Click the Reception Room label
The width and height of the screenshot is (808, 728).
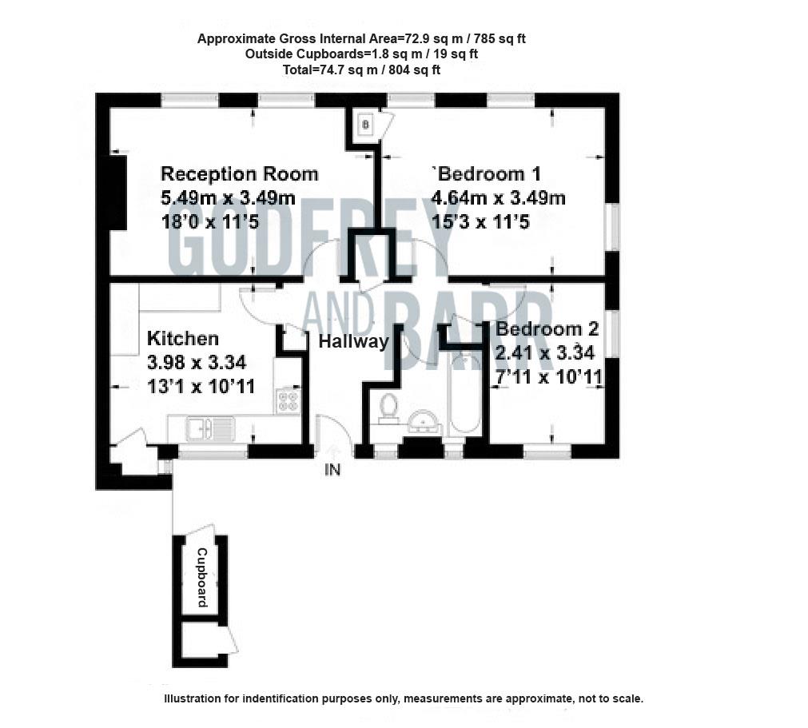click(x=239, y=173)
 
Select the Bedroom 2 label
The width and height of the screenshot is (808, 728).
click(x=547, y=328)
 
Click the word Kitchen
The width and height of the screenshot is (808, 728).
click(x=182, y=339)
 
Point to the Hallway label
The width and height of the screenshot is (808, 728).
click(x=354, y=342)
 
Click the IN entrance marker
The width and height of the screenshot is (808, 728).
click(x=332, y=471)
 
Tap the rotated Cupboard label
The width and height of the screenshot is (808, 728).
click(x=201, y=577)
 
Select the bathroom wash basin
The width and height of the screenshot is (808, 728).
click(x=425, y=421)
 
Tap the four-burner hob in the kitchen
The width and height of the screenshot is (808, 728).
click(x=287, y=400)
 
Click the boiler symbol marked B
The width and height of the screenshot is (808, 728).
click(x=365, y=124)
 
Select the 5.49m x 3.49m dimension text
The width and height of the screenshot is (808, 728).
click(x=229, y=197)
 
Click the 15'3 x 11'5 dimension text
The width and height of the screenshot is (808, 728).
click(x=480, y=221)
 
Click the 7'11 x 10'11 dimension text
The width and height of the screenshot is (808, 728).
click(x=547, y=376)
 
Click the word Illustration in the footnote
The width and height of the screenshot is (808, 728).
click(x=194, y=698)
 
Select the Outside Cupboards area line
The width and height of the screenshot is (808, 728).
click(x=361, y=54)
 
